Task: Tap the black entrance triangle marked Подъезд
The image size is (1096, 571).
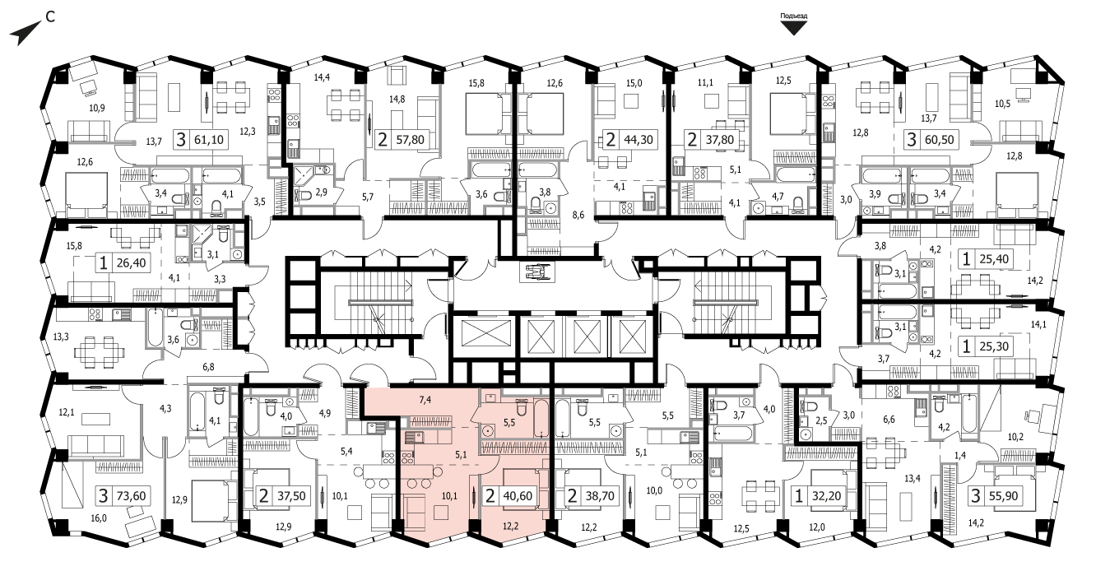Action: [793, 28]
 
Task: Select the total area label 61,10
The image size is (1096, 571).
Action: [209, 140]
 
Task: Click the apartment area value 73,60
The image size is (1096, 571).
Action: [131, 496]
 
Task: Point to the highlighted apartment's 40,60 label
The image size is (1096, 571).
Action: [518, 496]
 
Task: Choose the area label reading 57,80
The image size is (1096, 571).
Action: [410, 140]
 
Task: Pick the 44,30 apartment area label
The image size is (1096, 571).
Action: [639, 140]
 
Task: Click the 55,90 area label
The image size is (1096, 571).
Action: [1004, 496]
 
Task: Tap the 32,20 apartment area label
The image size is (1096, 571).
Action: [826, 496]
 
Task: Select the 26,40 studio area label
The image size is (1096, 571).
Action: [131, 262]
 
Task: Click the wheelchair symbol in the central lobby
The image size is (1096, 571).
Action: [537, 272]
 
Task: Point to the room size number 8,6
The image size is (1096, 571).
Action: [578, 215]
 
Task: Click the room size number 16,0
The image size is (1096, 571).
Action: [99, 518]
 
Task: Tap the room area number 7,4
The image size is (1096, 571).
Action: [425, 400]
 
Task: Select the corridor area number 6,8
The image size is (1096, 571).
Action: [208, 366]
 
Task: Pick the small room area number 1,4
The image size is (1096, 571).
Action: [960, 455]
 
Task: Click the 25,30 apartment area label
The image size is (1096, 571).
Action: [994, 346]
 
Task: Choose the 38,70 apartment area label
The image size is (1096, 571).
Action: [601, 496]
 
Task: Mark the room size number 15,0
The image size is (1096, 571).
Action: [634, 83]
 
